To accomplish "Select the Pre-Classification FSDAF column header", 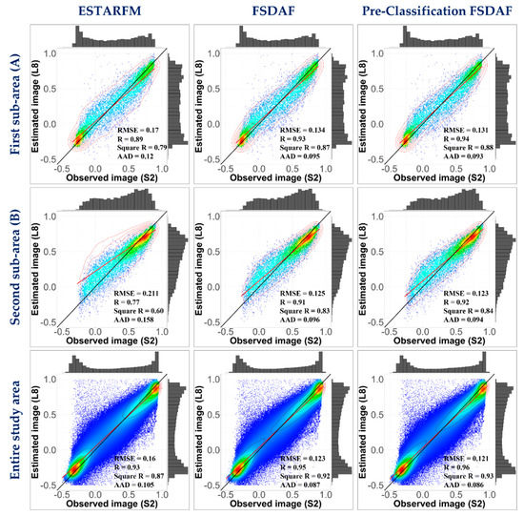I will (x=434, y=11).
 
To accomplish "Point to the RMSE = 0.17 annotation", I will (x=137, y=126).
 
